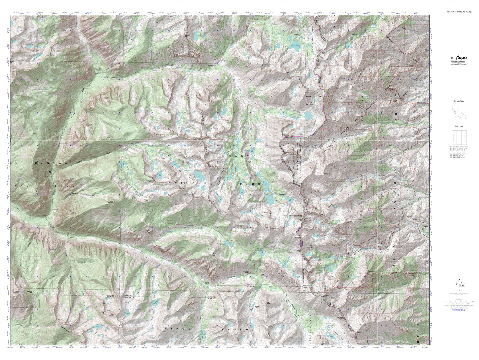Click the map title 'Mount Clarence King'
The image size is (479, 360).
click(459, 12)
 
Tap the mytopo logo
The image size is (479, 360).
click(459, 58)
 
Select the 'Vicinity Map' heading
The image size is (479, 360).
click(459, 101)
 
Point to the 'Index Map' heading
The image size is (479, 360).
click(459, 126)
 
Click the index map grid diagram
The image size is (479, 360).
click(459, 138)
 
